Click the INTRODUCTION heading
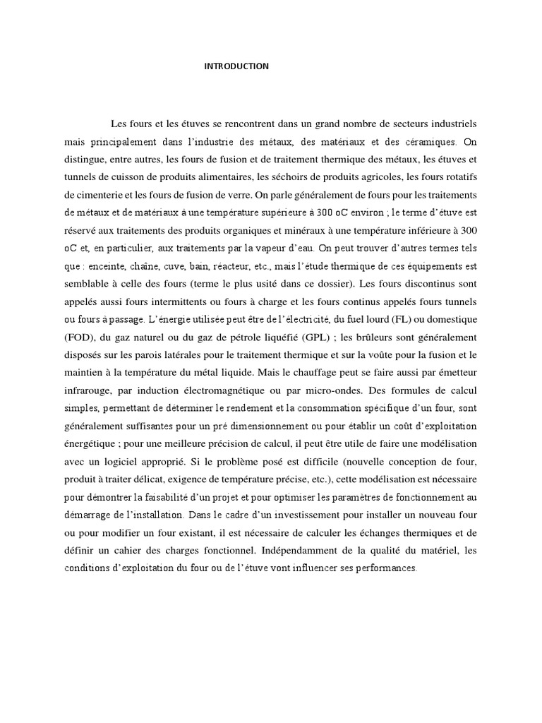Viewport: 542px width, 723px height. tap(236, 66)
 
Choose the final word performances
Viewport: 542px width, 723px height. tap(385, 569)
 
